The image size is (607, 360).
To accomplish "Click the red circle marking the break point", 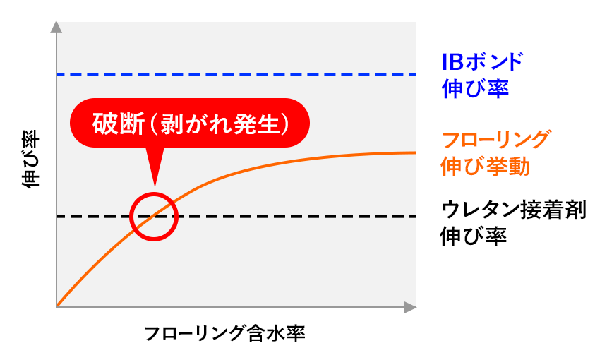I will click(x=153, y=217).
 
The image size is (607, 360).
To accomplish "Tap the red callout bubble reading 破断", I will click(x=191, y=123).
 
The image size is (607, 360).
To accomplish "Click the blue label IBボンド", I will click(x=483, y=62).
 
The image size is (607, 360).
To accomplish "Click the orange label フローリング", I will click(x=493, y=139).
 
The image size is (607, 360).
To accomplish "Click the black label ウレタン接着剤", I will click(x=513, y=210).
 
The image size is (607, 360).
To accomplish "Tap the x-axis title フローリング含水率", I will click(x=225, y=334).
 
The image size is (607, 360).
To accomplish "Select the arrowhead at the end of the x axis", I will click(x=410, y=307).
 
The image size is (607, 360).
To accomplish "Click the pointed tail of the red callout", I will click(x=155, y=176).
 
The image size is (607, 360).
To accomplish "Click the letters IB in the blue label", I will click(x=452, y=62).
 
